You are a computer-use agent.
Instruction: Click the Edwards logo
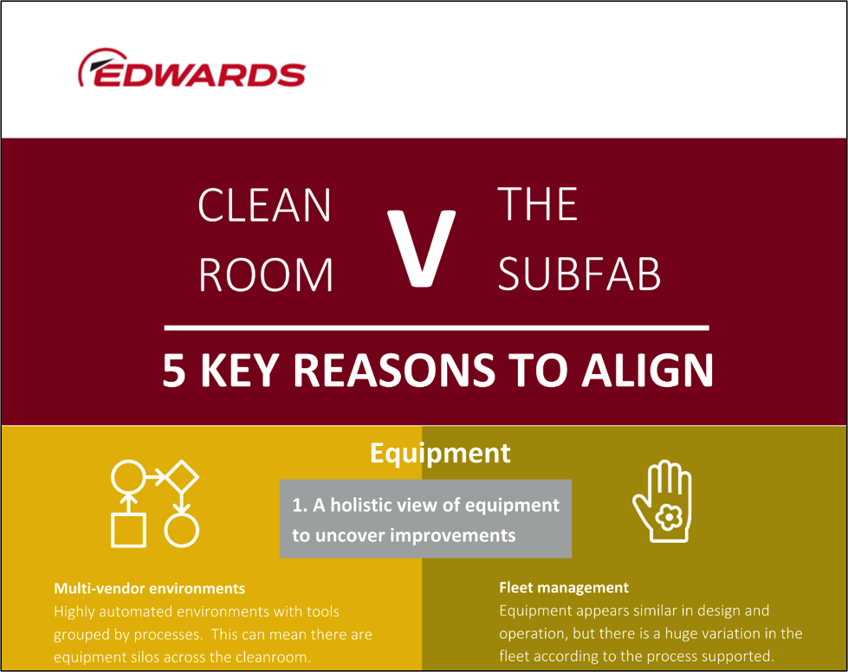192,68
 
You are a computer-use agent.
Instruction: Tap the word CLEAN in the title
264,205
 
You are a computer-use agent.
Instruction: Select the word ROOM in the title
266,275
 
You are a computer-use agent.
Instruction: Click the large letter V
422,248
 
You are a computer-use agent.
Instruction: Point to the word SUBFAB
579,275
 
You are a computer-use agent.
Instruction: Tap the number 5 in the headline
174,371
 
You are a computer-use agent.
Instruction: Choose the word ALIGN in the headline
647,371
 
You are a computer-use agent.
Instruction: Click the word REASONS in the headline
394,371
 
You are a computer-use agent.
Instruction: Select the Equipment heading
440,453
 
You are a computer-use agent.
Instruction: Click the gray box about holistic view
425,519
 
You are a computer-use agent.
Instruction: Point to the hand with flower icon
663,501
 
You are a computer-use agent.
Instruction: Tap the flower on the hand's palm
669,517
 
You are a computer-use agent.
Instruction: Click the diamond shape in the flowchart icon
181,476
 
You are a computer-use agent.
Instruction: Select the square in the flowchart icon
128,530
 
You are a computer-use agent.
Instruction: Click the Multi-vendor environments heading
149,588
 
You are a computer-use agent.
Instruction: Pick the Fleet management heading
564,588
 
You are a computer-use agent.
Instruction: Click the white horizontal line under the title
437,327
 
